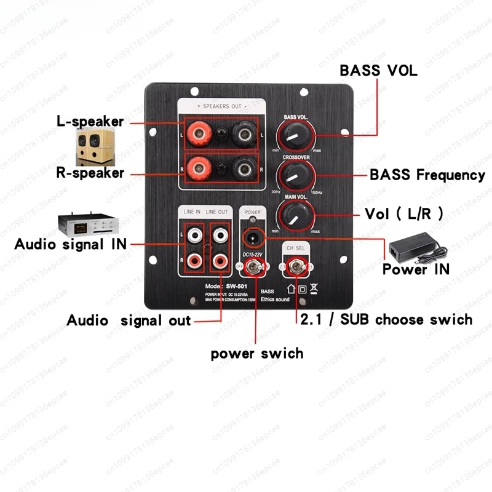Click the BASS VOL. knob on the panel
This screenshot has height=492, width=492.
[293, 134]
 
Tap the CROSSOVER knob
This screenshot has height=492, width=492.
[295, 175]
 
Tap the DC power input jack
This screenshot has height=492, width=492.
[252, 237]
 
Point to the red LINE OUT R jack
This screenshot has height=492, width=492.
[218, 261]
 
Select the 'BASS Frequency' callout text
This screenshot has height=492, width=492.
[427, 175]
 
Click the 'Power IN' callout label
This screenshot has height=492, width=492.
[416, 269]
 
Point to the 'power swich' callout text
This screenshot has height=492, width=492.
[257, 354]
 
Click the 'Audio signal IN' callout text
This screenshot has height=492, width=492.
[70, 244]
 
